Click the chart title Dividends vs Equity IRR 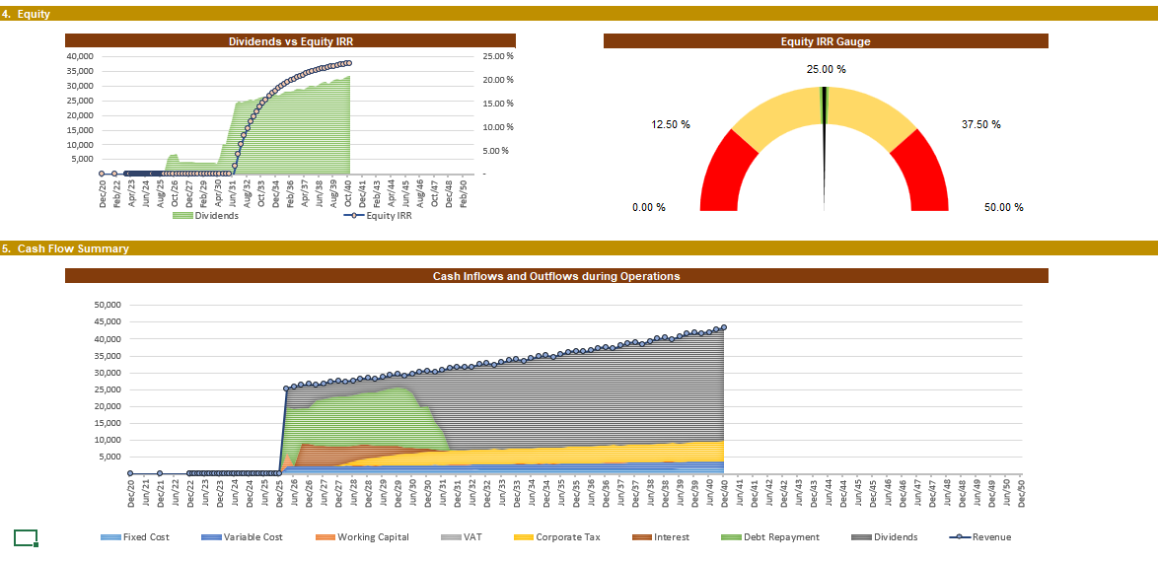pos(291,41)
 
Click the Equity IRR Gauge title pos(826,41)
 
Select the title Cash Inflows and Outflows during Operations pos(556,276)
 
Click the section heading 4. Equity pos(27,14)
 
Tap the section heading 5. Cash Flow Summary pos(65,248)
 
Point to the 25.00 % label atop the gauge pos(826,69)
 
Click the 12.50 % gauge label pos(670,124)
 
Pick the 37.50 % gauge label pos(980,124)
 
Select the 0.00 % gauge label pos(648,207)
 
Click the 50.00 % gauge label pos(1003,207)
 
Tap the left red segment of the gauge pos(724,177)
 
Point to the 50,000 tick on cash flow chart pos(106,305)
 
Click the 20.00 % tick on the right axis pos(495,80)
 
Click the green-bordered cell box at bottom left pos(26,537)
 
